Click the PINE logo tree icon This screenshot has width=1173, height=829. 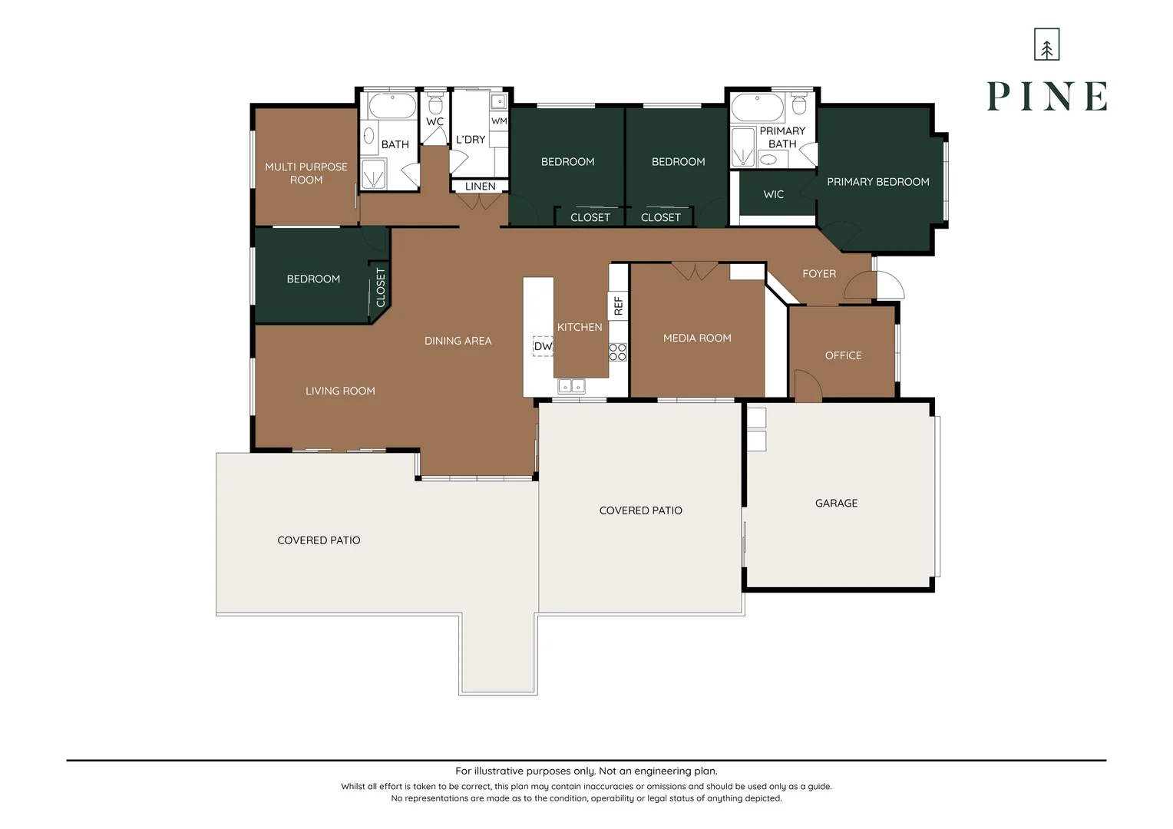pyautogui.click(x=1046, y=45)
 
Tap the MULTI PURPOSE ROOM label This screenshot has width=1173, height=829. pyautogui.click(x=306, y=173)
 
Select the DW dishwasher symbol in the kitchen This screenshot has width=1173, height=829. pyautogui.click(x=543, y=346)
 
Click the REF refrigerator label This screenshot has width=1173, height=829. pyautogui.click(x=618, y=306)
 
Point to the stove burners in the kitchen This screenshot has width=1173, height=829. pyautogui.click(x=618, y=352)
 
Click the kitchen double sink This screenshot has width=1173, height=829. pyautogui.click(x=571, y=385)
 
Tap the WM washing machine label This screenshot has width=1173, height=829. pyautogui.click(x=499, y=121)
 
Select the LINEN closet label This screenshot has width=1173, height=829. pyautogui.click(x=480, y=187)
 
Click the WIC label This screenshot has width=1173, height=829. pyautogui.click(x=773, y=194)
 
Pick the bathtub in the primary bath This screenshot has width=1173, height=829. pyautogui.click(x=757, y=106)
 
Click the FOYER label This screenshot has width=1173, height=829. pyautogui.click(x=819, y=274)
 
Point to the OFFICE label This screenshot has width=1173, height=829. pyautogui.click(x=843, y=355)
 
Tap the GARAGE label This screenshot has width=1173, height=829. pyautogui.click(x=836, y=504)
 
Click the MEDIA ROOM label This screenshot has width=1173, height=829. pyautogui.click(x=697, y=338)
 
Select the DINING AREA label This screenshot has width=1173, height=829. pyautogui.click(x=458, y=341)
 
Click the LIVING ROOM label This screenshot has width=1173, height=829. pyautogui.click(x=340, y=391)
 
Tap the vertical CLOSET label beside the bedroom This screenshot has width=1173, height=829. pyautogui.click(x=381, y=287)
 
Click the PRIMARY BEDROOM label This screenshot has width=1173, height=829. pyautogui.click(x=877, y=182)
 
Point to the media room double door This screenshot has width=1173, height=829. pyautogui.click(x=695, y=271)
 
